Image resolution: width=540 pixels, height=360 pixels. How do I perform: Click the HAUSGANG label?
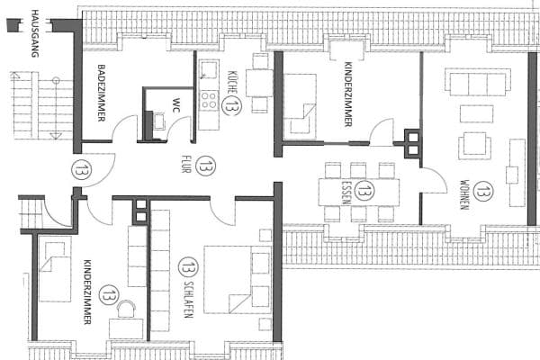coord(35,34)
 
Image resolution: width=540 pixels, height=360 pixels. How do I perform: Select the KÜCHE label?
coord(232,83)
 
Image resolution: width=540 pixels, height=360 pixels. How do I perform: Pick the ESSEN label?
coord(345,190)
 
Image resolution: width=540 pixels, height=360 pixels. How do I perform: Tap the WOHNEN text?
coord(463,190)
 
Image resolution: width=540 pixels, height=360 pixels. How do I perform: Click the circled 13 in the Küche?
coord(232,106)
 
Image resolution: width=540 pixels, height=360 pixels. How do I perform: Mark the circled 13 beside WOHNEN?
coord(483,190)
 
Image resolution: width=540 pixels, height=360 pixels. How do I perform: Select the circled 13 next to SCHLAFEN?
coord(188,266)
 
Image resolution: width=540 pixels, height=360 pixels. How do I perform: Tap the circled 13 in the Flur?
coord(207,166)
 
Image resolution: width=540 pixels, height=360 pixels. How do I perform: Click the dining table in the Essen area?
coord(359,190)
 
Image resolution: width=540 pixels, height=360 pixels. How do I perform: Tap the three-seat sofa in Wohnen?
coord(477,84)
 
